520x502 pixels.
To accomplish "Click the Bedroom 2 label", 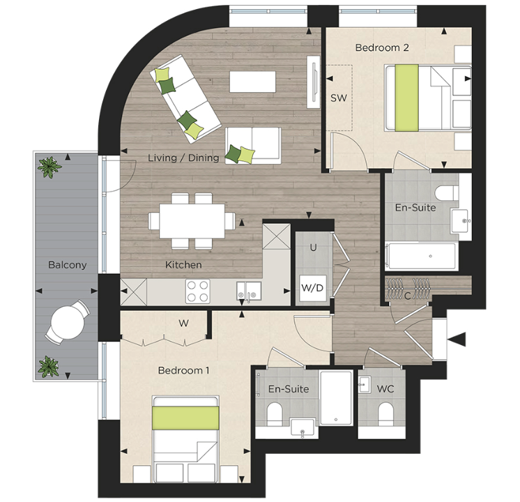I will point(381,47).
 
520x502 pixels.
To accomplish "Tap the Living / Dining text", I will point(183,158).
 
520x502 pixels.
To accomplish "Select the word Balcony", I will point(67,265).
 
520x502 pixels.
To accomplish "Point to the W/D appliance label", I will point(313,288).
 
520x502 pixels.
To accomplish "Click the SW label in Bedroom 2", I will point(338,98).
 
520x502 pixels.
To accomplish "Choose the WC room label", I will point(385,388).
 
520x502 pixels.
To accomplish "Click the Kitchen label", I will point(183,265).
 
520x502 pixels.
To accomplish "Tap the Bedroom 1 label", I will point(183,370).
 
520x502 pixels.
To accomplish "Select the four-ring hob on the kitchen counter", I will point(198,291).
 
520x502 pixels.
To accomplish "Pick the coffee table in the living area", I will point(253,82).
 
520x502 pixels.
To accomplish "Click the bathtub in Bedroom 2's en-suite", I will point(422,256).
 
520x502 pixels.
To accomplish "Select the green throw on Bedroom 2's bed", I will point(406,96).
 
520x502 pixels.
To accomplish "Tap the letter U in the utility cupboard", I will point(314,248).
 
